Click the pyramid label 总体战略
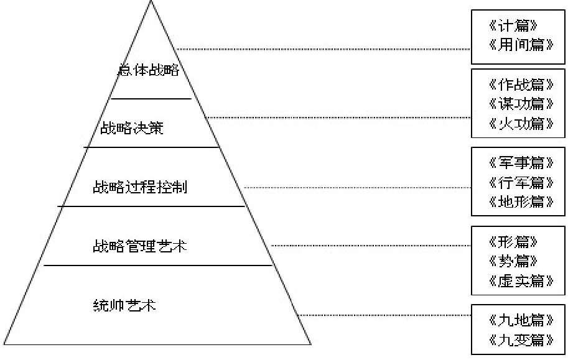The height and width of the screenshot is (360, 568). (148, 70)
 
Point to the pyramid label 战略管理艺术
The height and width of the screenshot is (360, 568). (139, 246)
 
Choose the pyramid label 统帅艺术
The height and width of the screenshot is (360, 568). (124, 305)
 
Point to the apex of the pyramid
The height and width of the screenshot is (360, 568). (151, 2)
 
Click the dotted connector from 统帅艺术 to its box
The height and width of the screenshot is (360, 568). (386, 315)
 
